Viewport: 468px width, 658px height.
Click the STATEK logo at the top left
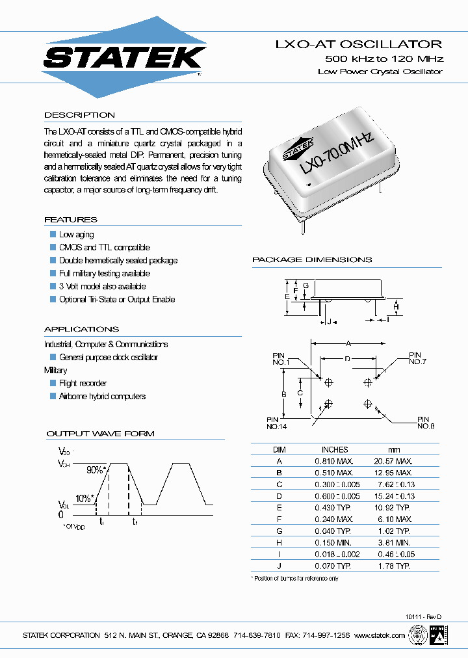click(124, 57)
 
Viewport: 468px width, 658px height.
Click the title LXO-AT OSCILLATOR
click(359, 44)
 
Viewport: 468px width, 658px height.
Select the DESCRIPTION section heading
click(79, 115)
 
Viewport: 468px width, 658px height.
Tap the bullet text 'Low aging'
click(76, 234)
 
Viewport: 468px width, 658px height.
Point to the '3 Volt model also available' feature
click(102, 286)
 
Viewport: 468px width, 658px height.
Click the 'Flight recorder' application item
click(83, 383)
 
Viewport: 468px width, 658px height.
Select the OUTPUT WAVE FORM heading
click(100, 434)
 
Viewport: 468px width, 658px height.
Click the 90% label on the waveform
click(96, 469)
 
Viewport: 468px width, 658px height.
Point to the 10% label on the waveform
click(84, 499)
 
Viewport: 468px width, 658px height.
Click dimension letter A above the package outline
click(348, 343)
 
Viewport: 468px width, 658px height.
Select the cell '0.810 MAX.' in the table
click(334, 460)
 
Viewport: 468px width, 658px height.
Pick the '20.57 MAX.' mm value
click(394, 460)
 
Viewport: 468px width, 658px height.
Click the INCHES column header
click(334, 449)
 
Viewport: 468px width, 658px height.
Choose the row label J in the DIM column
click(279, 566)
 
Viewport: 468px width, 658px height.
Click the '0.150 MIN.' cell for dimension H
click(333, 543)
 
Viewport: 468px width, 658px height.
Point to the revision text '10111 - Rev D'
click(422, 616)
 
